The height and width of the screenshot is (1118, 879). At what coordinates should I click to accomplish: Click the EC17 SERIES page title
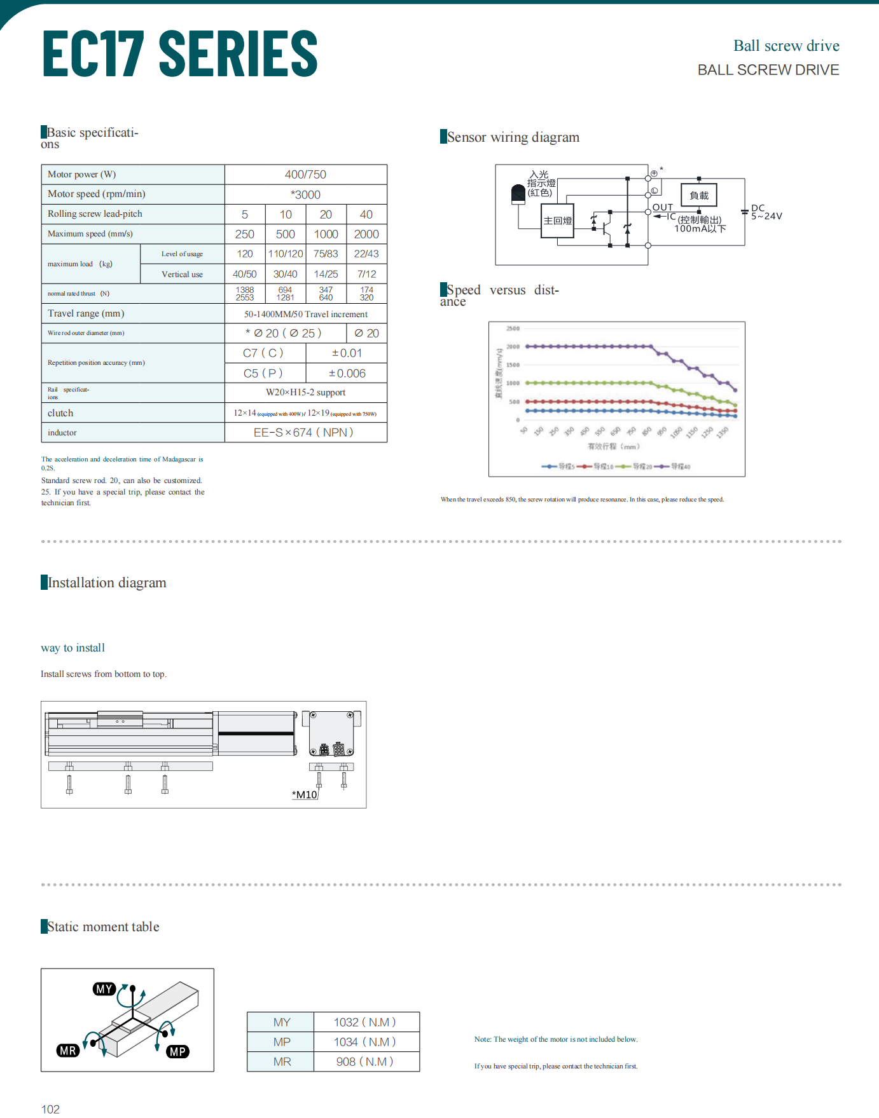(180, 54)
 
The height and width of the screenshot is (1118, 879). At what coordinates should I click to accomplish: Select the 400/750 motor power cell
(305, 175)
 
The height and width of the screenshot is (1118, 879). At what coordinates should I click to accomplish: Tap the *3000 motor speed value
(305, 194)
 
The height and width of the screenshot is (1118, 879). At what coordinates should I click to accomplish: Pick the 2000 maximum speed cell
(366, 235)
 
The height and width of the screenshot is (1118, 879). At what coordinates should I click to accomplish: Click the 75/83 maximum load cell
(326, 254)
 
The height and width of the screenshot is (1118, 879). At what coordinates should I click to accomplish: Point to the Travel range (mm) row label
(86, 313)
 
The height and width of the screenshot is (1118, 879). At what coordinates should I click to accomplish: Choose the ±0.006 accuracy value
(347, 374)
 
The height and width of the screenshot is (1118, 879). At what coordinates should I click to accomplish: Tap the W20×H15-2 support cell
(305, 393)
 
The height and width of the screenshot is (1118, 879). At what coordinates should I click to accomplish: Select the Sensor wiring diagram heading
(513, 137)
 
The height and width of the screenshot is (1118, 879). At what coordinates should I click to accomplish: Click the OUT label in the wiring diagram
(663, 207)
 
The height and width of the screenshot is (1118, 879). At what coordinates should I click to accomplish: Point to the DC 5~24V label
(766, 212)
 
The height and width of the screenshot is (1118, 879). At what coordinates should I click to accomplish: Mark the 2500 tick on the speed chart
(513, 329)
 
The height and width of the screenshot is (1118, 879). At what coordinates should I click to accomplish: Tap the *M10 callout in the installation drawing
(305, 794)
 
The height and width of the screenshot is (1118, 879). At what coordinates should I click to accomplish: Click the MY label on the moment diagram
(104, 989)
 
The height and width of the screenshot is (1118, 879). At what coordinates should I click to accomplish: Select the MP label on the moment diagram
(177, 1052)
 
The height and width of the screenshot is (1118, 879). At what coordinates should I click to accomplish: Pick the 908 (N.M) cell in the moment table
(365, 1062)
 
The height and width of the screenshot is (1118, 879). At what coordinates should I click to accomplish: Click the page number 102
(50, 1109)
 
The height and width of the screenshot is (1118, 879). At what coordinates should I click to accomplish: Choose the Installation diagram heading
(107, 583)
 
